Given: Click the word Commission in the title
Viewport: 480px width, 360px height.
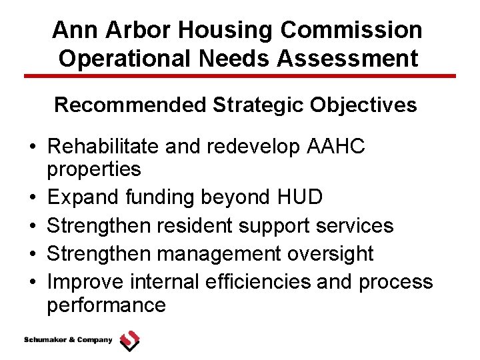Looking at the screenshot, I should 351,29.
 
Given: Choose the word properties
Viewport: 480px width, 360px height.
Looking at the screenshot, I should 94,169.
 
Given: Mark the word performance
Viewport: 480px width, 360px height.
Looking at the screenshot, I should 106,305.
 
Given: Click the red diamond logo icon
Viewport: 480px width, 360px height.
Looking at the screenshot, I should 129,341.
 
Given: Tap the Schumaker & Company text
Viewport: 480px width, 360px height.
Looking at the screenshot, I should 68,341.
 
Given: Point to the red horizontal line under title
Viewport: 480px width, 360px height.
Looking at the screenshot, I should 240,76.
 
